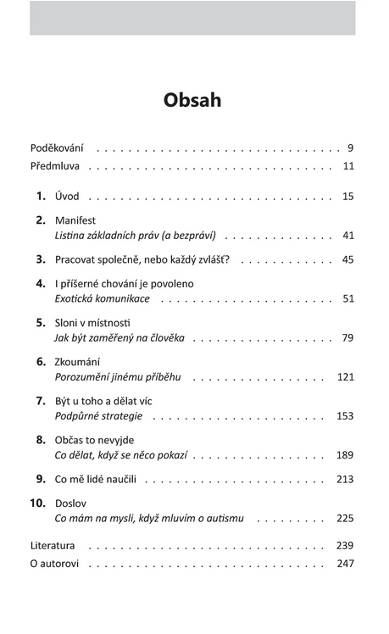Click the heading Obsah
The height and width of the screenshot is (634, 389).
click(192, 100)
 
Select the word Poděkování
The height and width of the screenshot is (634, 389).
click(57, 147)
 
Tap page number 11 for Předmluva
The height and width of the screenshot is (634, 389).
click(347, 165)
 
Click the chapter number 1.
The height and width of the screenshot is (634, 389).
click(41, 196)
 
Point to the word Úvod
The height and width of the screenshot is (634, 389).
click(67, 196)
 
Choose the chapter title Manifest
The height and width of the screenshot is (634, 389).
click(75, 220)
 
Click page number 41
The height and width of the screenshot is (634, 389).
click(347, 235)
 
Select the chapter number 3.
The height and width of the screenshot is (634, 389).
click(41, 259)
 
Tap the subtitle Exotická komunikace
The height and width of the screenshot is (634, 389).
click(102, 298)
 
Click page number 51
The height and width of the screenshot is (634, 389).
click(347, 298)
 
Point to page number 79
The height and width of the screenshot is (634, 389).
click(347, 337)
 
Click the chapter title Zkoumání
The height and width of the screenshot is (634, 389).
click(78, 361)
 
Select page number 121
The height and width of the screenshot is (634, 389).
click(345, 376)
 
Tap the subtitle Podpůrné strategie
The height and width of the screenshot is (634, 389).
click(98, 415)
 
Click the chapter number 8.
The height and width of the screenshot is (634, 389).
click(41, 439)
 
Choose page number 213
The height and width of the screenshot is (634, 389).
click(345, 479)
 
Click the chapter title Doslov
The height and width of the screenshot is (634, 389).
click(71, 502)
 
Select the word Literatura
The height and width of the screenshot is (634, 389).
click(53, 545)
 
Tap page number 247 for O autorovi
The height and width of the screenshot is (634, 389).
click(345, 563)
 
